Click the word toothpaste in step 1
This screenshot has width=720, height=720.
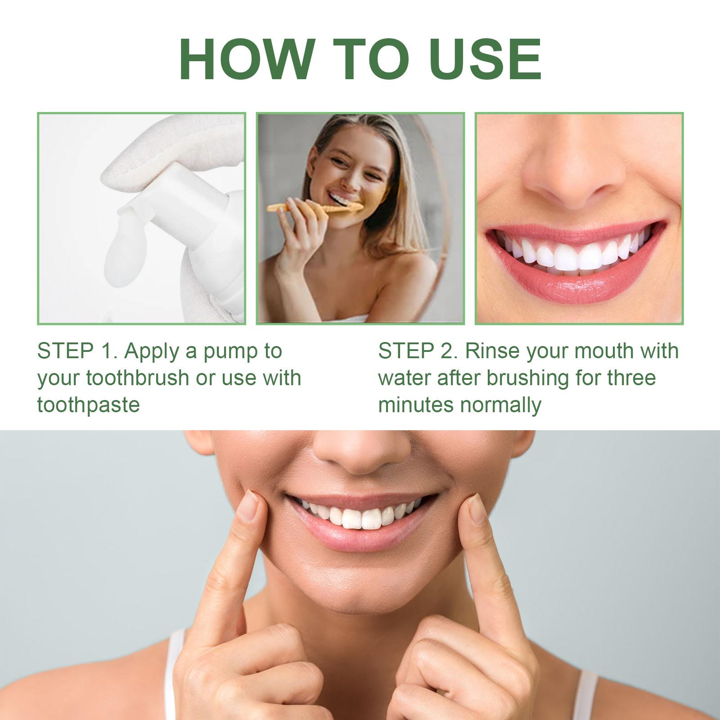pyautogui.click(x=89, y=405)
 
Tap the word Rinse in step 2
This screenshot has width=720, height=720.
pyautogui.click(x=492, y=351)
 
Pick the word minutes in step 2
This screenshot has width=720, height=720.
pyautogui.click(x=416, y=405)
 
